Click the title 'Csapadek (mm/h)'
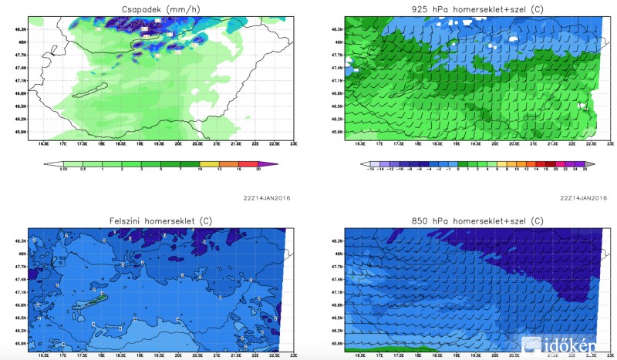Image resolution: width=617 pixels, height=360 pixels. click(160, 10)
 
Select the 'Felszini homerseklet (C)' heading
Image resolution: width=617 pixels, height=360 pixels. click(160, 222)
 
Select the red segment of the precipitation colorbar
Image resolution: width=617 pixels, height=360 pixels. click(251, 164)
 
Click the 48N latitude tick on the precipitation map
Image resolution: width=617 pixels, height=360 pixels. click(23, 42)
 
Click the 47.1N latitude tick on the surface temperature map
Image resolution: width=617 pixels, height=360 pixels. click(22, 293)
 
